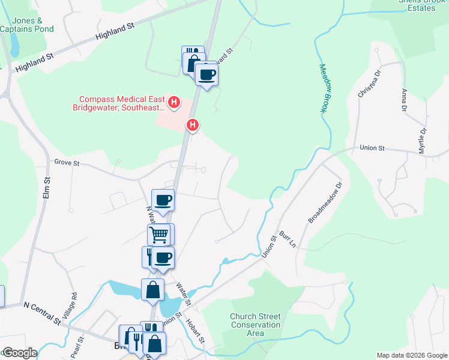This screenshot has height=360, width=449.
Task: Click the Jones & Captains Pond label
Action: [26, 24]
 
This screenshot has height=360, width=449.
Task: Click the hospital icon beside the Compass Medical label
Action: [174, 103]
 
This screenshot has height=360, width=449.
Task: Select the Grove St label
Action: [67, 162]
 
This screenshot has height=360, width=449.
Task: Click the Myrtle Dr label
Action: [423, 139]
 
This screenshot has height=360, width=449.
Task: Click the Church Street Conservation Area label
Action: [255, 325]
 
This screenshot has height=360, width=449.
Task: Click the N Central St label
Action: [42, 312]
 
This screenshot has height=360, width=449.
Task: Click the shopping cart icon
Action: [158, 234]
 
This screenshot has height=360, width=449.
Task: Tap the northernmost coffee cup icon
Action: [207, 74]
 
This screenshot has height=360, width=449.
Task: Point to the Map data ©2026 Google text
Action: [411, 355]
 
